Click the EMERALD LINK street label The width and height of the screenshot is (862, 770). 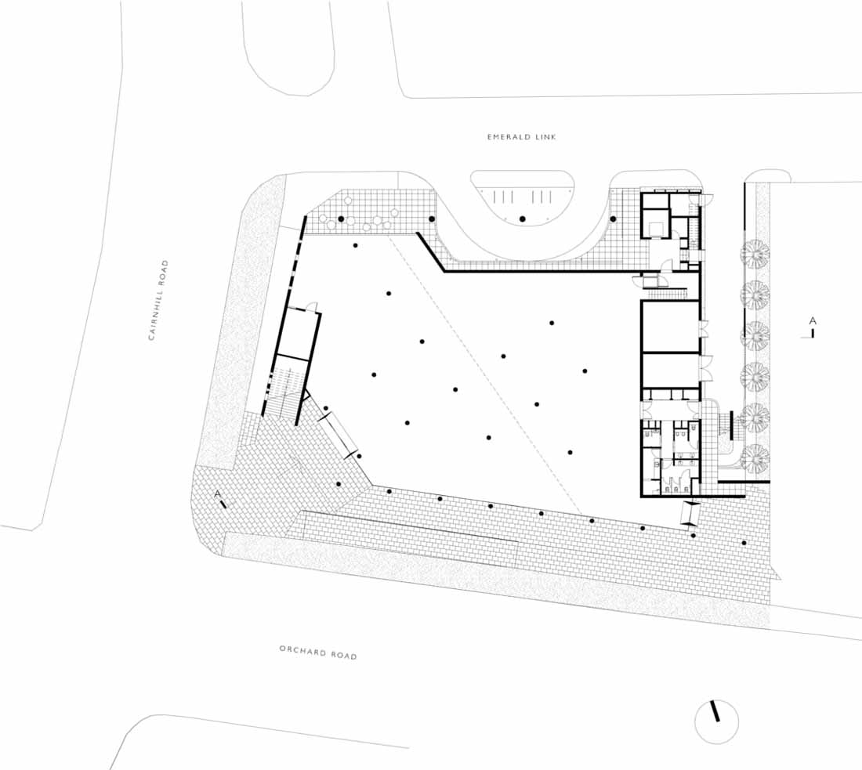coord(521,136)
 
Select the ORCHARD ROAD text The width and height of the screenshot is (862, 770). coord(318,653)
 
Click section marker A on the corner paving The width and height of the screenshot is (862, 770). coord(221,498)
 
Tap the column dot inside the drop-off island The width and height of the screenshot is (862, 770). coord(522,219)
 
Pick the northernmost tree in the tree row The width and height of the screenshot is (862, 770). coord(754,254)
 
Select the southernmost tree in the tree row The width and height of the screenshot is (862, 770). coord(755,457)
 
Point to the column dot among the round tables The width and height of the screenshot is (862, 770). coord(341,219)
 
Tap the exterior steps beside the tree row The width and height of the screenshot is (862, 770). coord(730,425)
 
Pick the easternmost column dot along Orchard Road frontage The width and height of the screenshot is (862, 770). coord(744,543)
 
